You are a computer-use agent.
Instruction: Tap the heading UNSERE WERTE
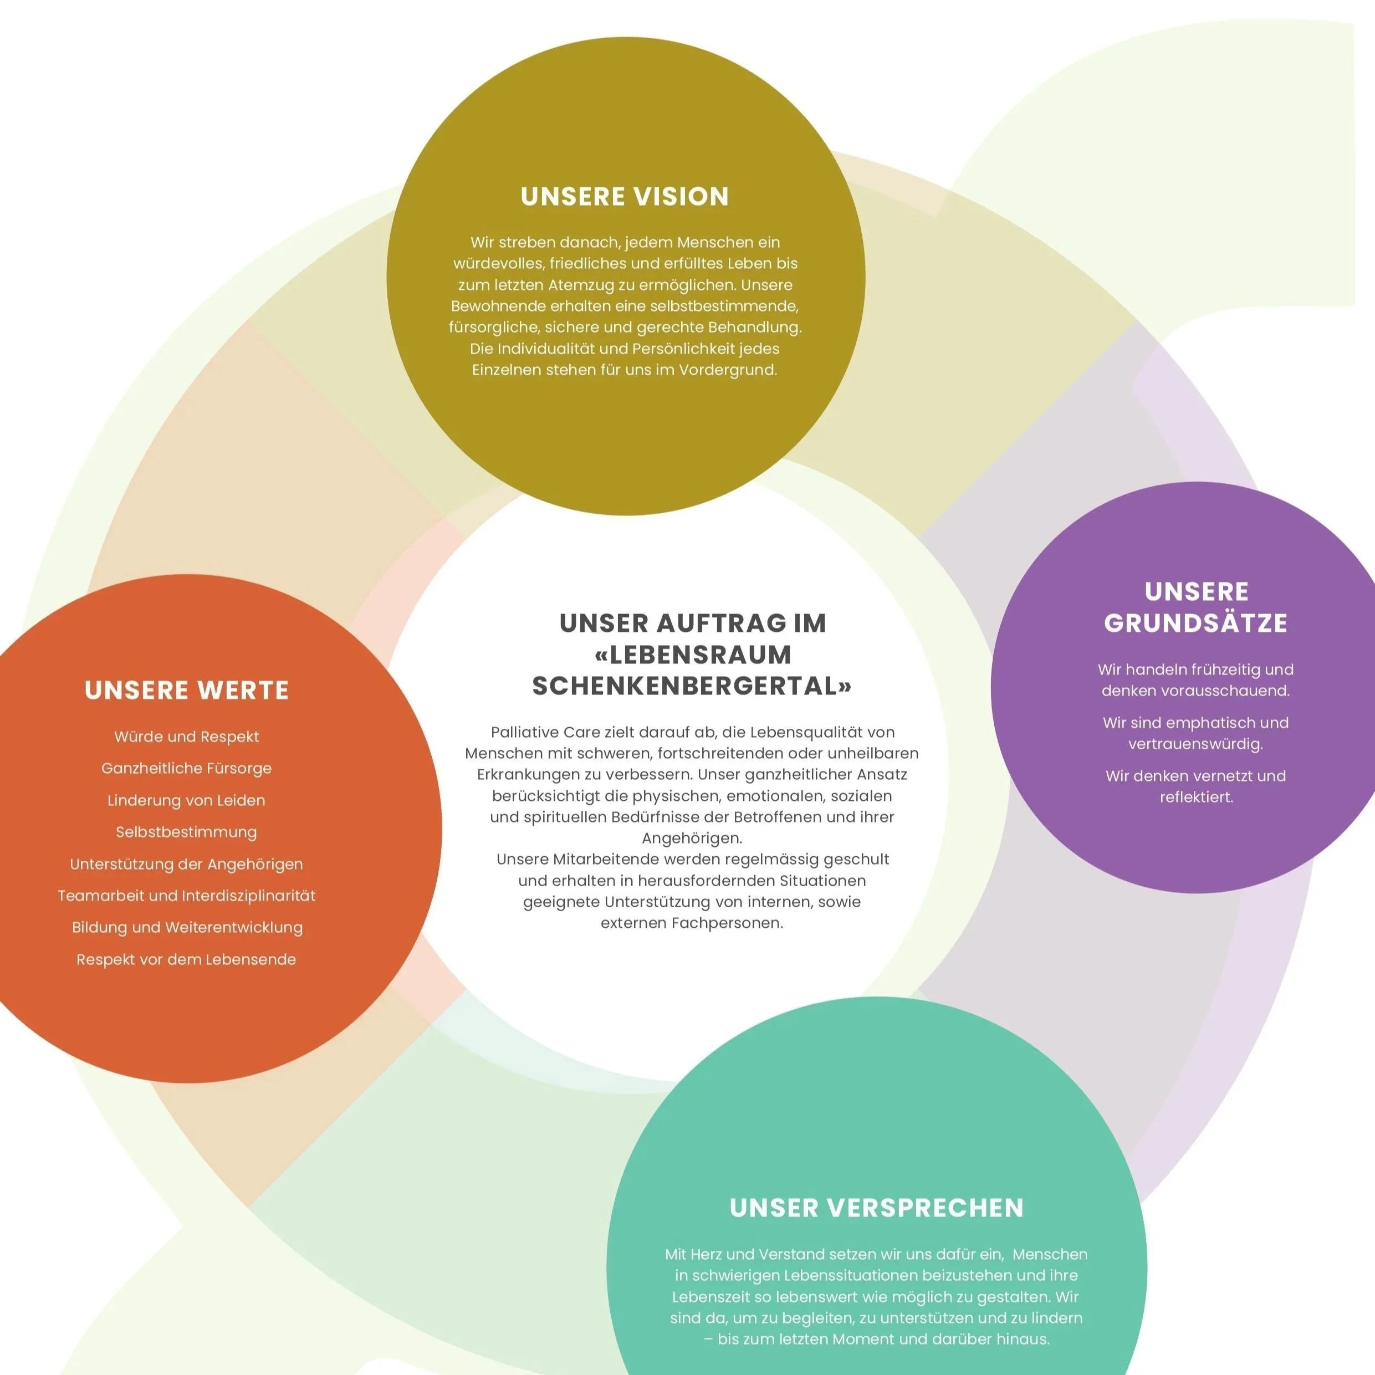[186, 691]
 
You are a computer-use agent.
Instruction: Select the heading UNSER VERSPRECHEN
[876, 1208]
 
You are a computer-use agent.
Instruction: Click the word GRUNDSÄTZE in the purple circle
[1195, 623]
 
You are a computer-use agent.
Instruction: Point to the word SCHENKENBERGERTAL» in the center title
[692, 686]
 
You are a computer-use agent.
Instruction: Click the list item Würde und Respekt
[186, 737]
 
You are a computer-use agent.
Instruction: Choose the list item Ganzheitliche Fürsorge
[186, 769]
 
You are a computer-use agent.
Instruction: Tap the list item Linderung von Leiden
[186, 801]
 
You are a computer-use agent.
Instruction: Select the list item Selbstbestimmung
[186, 832]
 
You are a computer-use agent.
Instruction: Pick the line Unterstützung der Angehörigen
[186, 864]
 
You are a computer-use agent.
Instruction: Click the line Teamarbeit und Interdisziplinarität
[186, 896]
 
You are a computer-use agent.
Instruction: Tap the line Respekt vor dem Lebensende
[186, 959]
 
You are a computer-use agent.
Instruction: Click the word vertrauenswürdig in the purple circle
[1195, 744]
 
